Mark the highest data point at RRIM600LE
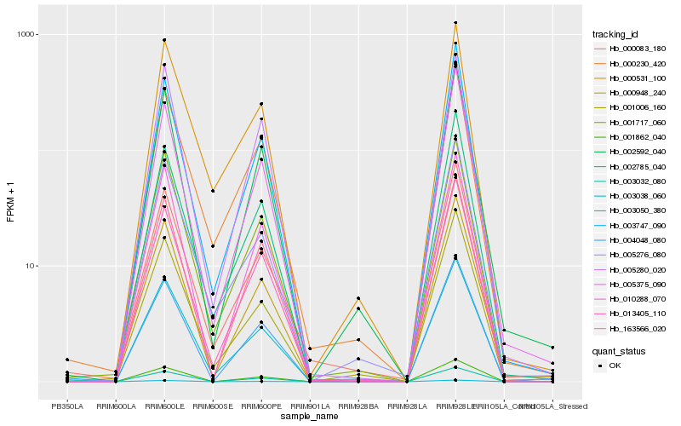pyautogui.click(x=164, y=40)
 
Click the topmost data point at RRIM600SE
pyautogui.click(x=213, y=191)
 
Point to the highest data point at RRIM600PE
pyautogui.click(x=261, y=104)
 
